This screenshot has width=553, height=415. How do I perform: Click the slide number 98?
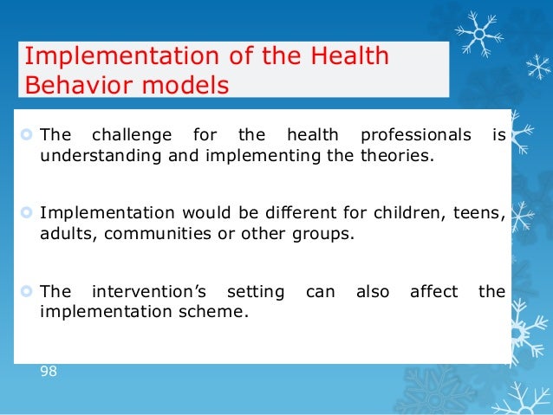[49, 371]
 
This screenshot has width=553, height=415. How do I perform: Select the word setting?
[255, 292]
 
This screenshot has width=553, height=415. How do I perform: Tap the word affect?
[433, 292]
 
